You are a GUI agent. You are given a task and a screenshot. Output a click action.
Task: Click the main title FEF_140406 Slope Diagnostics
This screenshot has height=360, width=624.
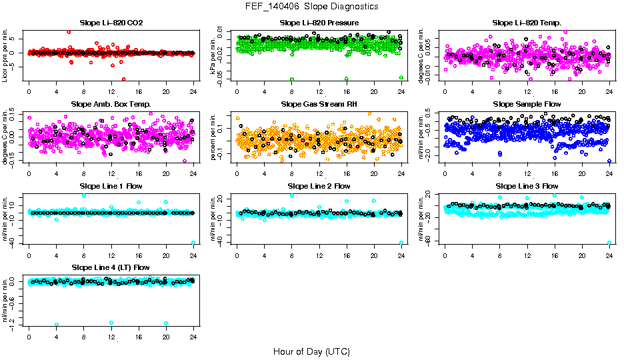(311, 6)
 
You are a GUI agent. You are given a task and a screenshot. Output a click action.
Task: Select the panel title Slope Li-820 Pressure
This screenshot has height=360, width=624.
(319, 23)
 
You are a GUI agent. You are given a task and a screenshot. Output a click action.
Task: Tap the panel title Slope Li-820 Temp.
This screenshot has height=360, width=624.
(527, 23)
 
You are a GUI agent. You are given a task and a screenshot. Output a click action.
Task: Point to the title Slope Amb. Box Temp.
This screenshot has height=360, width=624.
(111, 104)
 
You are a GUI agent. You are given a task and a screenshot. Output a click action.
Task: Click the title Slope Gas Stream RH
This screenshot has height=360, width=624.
(319, 104)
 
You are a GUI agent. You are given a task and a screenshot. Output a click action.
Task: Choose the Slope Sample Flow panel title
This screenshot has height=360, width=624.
(527, 104)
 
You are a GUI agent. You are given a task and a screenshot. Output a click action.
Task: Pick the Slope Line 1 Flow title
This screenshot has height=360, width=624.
(111, 186)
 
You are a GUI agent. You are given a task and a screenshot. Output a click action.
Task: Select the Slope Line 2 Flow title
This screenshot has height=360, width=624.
(319, 186)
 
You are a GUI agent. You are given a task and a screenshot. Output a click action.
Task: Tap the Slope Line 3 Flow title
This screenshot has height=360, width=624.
(527, 186)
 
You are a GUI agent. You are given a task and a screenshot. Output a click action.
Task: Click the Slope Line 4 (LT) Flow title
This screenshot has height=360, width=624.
(111, 267)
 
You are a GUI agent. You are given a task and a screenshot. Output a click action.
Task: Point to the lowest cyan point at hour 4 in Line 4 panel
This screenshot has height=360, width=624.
(57, 325)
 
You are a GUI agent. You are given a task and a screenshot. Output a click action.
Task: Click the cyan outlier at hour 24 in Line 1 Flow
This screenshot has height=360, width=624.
(193, 243)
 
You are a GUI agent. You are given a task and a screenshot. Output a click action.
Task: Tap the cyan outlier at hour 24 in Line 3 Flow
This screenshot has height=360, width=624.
(609, 243)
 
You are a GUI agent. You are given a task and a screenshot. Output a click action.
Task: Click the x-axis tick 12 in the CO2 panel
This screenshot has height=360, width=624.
(111, 92)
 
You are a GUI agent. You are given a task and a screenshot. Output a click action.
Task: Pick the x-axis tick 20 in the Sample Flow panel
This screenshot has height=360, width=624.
(582, 173)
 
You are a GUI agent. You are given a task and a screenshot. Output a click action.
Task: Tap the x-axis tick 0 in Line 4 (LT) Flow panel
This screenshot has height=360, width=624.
(29, 337)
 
